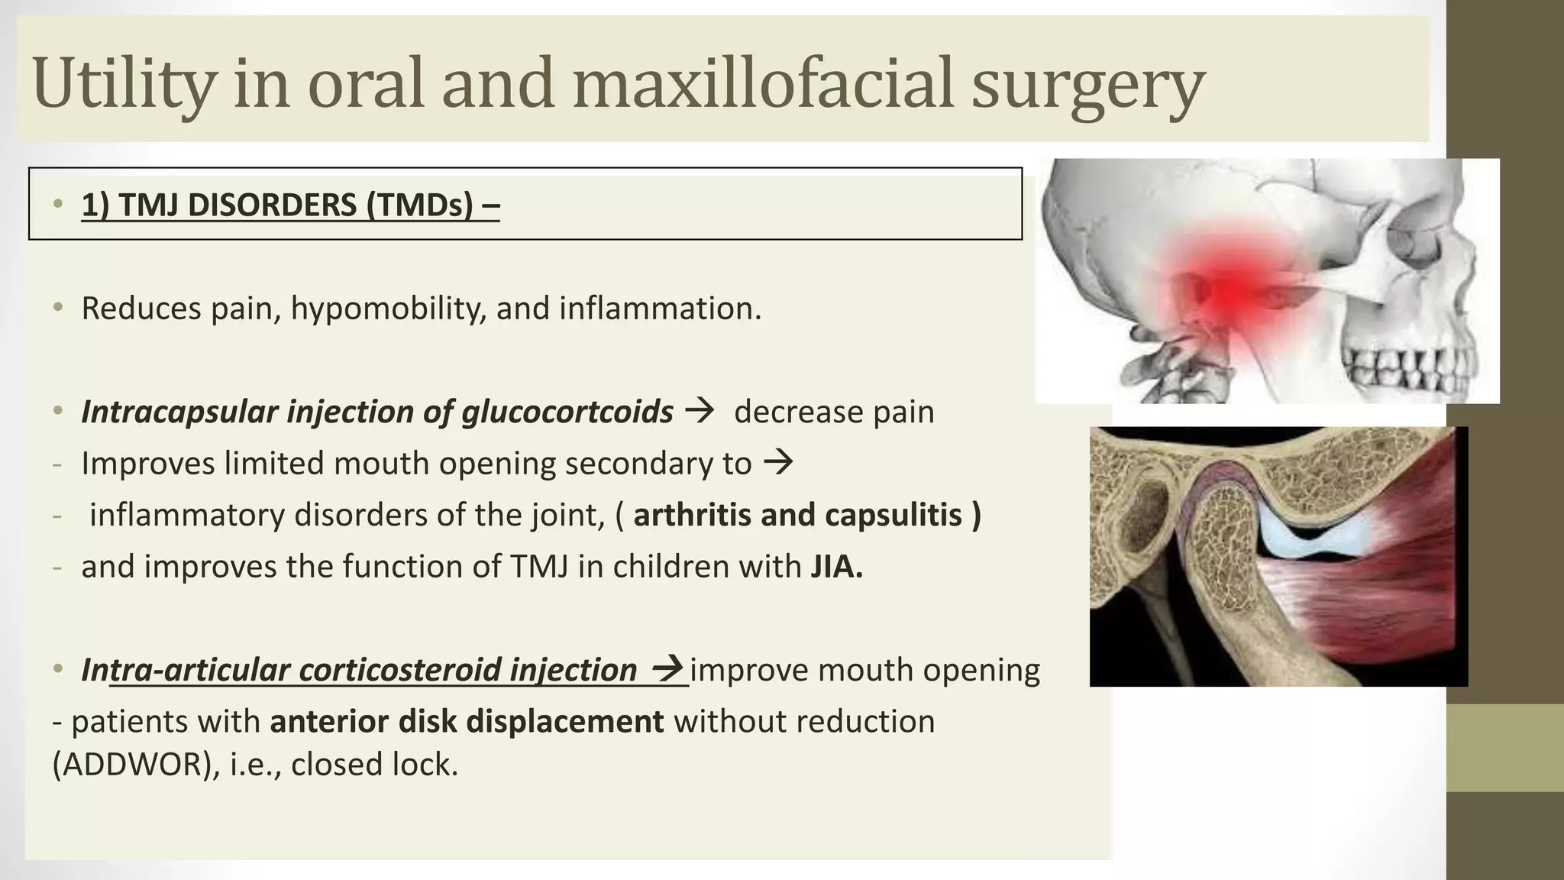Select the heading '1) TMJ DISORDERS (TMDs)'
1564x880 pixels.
tap(290, 205)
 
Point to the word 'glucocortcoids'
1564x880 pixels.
tap(567, 412)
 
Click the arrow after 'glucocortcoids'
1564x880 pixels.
tap(700, 411)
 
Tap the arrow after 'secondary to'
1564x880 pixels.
tap(778, 462)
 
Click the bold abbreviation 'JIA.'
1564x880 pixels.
tap(836, 567)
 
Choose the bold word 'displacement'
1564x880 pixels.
tap(564, 721)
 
